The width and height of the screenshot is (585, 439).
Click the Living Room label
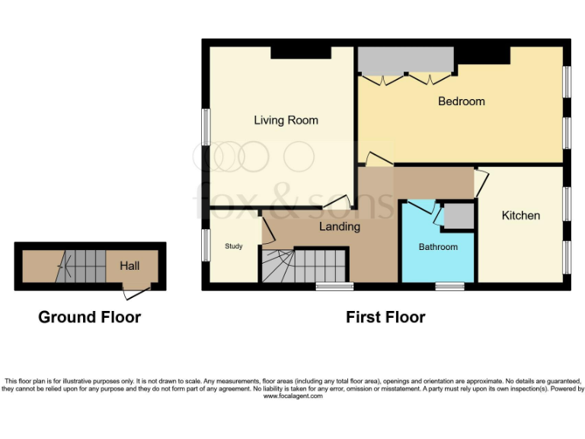click(286, 120)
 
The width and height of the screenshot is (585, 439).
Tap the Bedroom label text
click(461, 101)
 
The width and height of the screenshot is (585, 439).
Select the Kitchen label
click(520, 216)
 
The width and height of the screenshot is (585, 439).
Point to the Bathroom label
click(438, 247)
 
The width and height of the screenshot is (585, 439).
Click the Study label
click(233, 246)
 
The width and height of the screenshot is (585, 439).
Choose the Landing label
click(339, 226)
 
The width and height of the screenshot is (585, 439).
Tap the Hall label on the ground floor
click(129, 266)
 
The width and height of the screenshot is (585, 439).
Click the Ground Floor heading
click(89, 317)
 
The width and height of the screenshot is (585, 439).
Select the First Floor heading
click(385, 317)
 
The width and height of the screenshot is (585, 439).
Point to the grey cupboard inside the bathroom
click(458, 216)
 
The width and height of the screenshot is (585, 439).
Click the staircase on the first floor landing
click(303, 266)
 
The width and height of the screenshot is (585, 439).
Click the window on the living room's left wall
click(206, 126)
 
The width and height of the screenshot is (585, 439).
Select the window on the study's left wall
click(206, 245)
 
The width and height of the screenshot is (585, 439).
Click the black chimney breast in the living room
click(301, 53)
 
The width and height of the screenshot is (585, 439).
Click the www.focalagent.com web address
click(292, 396)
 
